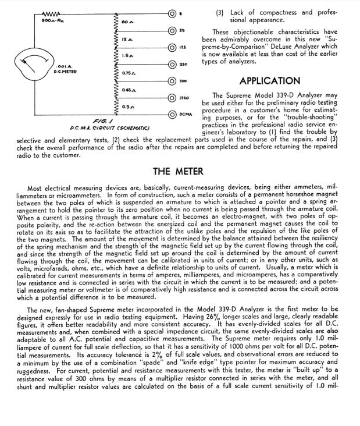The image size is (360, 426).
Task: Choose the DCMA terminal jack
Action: coord(172,114)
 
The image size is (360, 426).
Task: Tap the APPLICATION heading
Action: coord(269,81)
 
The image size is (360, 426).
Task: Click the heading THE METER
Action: coord(178,171)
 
